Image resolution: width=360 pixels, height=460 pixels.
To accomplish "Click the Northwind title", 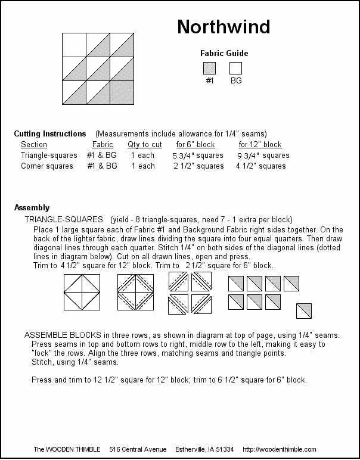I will (224, 27).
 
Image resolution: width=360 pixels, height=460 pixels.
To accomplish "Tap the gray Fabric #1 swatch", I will (209, 69).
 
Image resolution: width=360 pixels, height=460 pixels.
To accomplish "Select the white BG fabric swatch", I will (235, 69).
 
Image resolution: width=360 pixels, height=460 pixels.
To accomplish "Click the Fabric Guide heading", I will (224, 53).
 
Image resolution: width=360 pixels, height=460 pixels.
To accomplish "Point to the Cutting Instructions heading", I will (50, 133).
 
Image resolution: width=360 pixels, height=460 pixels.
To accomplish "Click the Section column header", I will (34, 145).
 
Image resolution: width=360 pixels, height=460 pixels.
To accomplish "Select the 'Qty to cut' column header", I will (145, 145).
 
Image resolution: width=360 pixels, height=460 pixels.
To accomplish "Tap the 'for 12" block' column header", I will (260, 145).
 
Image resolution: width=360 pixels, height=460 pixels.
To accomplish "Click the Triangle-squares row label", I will (49, 156).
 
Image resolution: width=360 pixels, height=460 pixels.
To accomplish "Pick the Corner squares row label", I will (47, 166).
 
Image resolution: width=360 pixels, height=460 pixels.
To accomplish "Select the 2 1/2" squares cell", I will (198, 166).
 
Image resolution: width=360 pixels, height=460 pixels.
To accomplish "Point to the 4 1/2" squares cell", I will (260, 166).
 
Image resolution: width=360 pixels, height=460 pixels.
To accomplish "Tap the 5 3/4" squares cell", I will (198, 156).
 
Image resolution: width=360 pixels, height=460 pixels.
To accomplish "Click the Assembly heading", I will (32, 208).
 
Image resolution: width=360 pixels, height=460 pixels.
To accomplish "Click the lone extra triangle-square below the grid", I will (304, 310).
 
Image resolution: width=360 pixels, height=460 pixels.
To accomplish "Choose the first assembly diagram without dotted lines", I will (82, 292).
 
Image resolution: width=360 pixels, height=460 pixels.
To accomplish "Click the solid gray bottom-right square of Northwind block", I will (122, 92).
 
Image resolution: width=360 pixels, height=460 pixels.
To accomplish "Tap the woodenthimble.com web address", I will (280, 449).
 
